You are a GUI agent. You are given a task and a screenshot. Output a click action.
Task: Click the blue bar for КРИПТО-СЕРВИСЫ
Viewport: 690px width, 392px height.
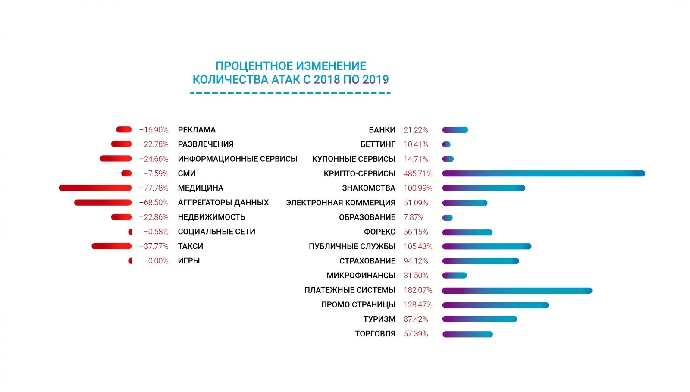(x=543, y=173)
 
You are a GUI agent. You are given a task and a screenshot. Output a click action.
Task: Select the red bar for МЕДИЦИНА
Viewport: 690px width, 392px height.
(x=95, y=188)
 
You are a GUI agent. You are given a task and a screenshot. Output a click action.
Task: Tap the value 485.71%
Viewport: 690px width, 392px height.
(x=417, y=173)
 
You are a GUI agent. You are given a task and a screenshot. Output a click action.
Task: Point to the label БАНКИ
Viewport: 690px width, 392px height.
(x=382, y=130)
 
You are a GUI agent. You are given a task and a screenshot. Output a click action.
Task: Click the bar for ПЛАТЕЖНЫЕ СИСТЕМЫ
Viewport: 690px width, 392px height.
(x=517, y=290)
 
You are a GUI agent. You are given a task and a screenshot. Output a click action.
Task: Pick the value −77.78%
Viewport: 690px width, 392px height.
(x=154, y=188)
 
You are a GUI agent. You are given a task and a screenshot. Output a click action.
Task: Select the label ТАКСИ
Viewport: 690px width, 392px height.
(x=190, y=246)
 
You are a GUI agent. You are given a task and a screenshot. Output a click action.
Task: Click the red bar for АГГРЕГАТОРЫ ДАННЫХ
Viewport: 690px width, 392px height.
(x=103, y=202)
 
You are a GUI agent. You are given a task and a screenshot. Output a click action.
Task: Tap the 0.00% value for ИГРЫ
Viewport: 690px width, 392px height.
(x=158, y=260)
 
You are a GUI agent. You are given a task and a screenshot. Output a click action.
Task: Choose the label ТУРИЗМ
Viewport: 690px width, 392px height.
(x=379, y=319)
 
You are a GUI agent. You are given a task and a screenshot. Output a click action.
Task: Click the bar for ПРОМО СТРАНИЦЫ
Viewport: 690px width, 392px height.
(x=496, y=305)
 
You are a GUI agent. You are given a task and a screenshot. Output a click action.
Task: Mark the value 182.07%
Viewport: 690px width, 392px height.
(x=417, y=290)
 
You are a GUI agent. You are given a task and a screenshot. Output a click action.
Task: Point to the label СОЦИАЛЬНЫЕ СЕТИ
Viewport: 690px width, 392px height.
(x=216, y=232)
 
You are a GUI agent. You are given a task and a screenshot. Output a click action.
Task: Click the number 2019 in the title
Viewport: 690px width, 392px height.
(x=376, y=79)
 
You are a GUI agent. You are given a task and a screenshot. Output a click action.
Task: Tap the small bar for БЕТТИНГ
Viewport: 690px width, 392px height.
(x=446, y=144)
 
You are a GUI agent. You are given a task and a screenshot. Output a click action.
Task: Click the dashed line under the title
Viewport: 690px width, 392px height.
(x=290, y=93)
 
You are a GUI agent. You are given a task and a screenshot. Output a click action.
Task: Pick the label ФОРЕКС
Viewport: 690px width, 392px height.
(x=379, y=232)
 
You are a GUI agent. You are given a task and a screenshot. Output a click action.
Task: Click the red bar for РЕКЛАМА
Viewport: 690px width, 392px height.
(x=124, y=129)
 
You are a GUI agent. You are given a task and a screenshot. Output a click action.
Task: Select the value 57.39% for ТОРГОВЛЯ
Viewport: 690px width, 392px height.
(x=416, y=334)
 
